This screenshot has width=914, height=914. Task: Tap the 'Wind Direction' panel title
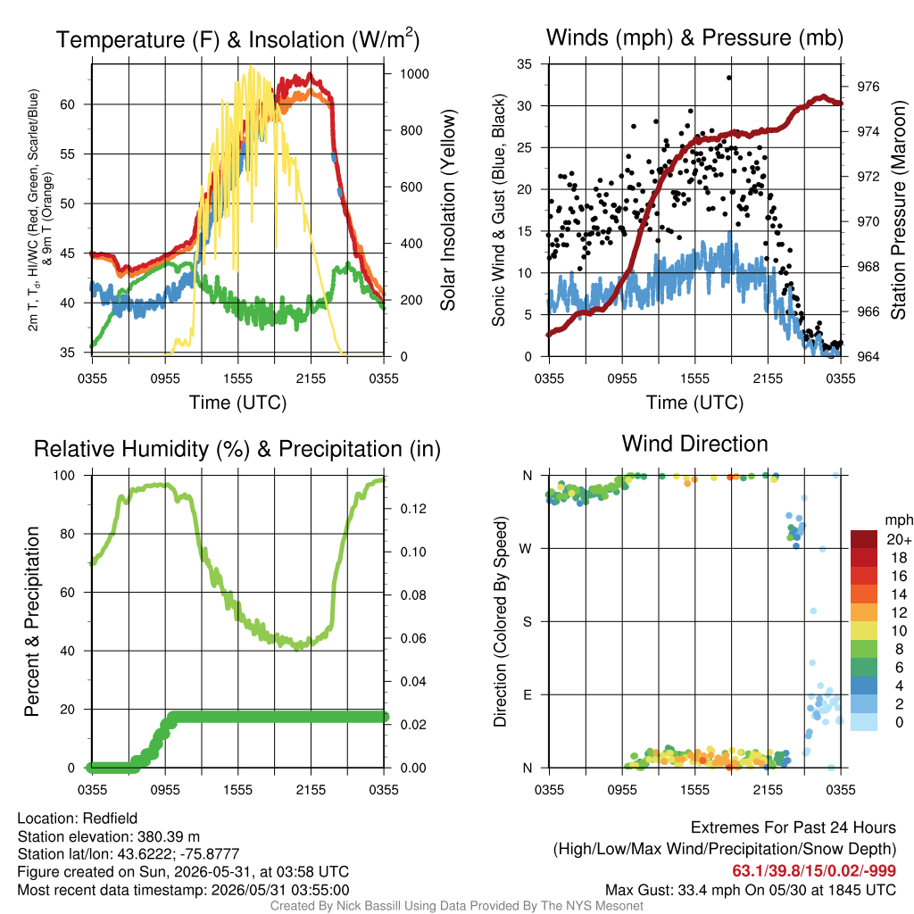(694, 444)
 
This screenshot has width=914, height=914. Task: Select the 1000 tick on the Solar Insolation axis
(414, 74)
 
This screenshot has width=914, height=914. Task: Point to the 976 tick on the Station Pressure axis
(868, 87)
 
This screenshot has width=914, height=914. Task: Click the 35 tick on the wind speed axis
(525, 64)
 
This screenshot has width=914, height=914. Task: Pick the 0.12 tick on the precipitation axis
(413, 509)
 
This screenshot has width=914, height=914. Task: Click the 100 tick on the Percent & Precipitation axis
(64, 476)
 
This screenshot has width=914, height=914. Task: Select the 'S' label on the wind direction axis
(527, 622)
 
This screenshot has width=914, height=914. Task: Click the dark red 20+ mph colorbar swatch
(864, 539)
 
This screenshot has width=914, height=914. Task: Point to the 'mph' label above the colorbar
(898, 520)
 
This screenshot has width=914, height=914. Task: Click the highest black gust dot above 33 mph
(729, 78)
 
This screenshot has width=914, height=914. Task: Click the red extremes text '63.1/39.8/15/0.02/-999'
(814, 871)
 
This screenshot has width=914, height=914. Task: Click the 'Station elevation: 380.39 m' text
(108, 836)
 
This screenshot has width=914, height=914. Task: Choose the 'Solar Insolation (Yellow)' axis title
(448, 211)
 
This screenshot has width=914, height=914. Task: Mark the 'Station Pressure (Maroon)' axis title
(898, 210)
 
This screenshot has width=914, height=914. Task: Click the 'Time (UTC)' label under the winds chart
(694, 403)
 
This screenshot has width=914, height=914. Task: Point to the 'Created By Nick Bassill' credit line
(456, 906)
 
